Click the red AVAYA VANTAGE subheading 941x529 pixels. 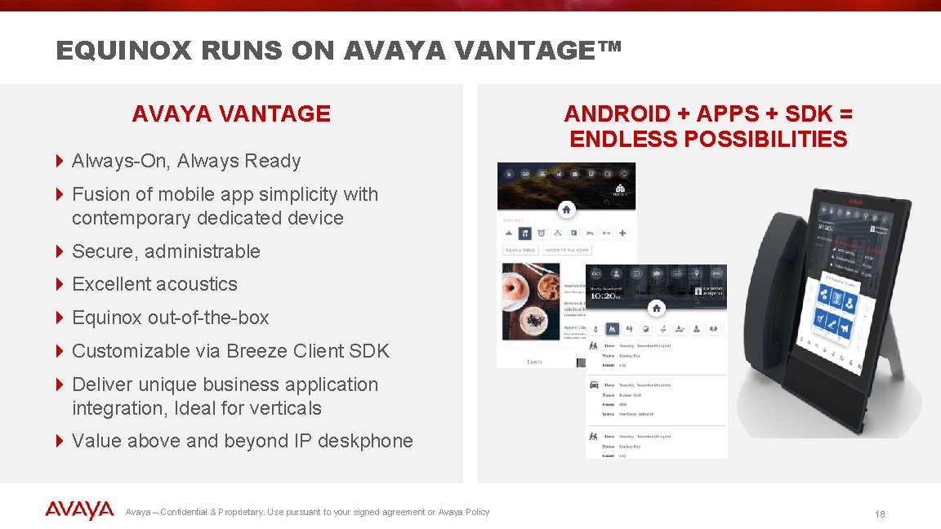coord(231,114)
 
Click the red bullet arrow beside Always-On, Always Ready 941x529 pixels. coord(60,161)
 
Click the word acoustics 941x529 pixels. coord(199,284)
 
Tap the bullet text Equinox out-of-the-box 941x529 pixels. coord(170,318)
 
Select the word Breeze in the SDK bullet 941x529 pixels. coord(256,351)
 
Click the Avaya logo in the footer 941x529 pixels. coord(79,511)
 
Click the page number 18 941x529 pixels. coord(880,514)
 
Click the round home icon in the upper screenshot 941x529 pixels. coord(566,210)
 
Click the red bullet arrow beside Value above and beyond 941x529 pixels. coord(60,441)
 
